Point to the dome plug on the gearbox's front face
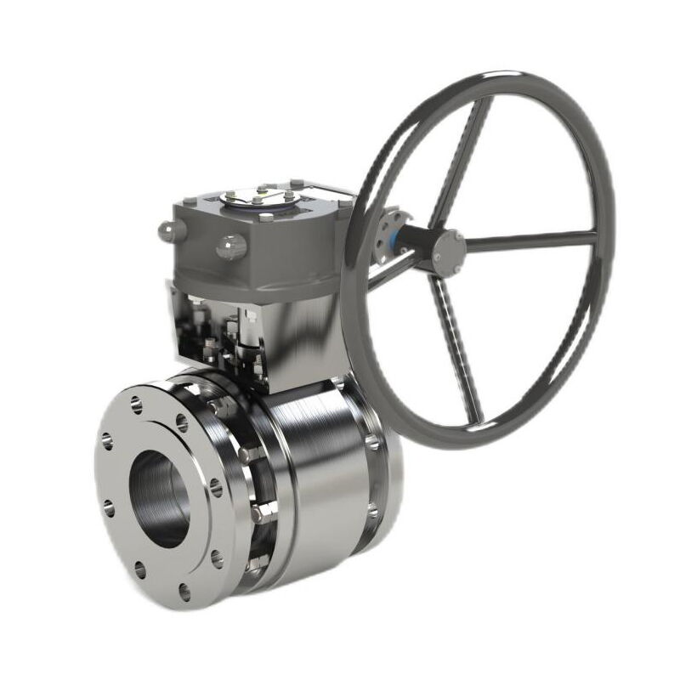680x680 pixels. (231, 247)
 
